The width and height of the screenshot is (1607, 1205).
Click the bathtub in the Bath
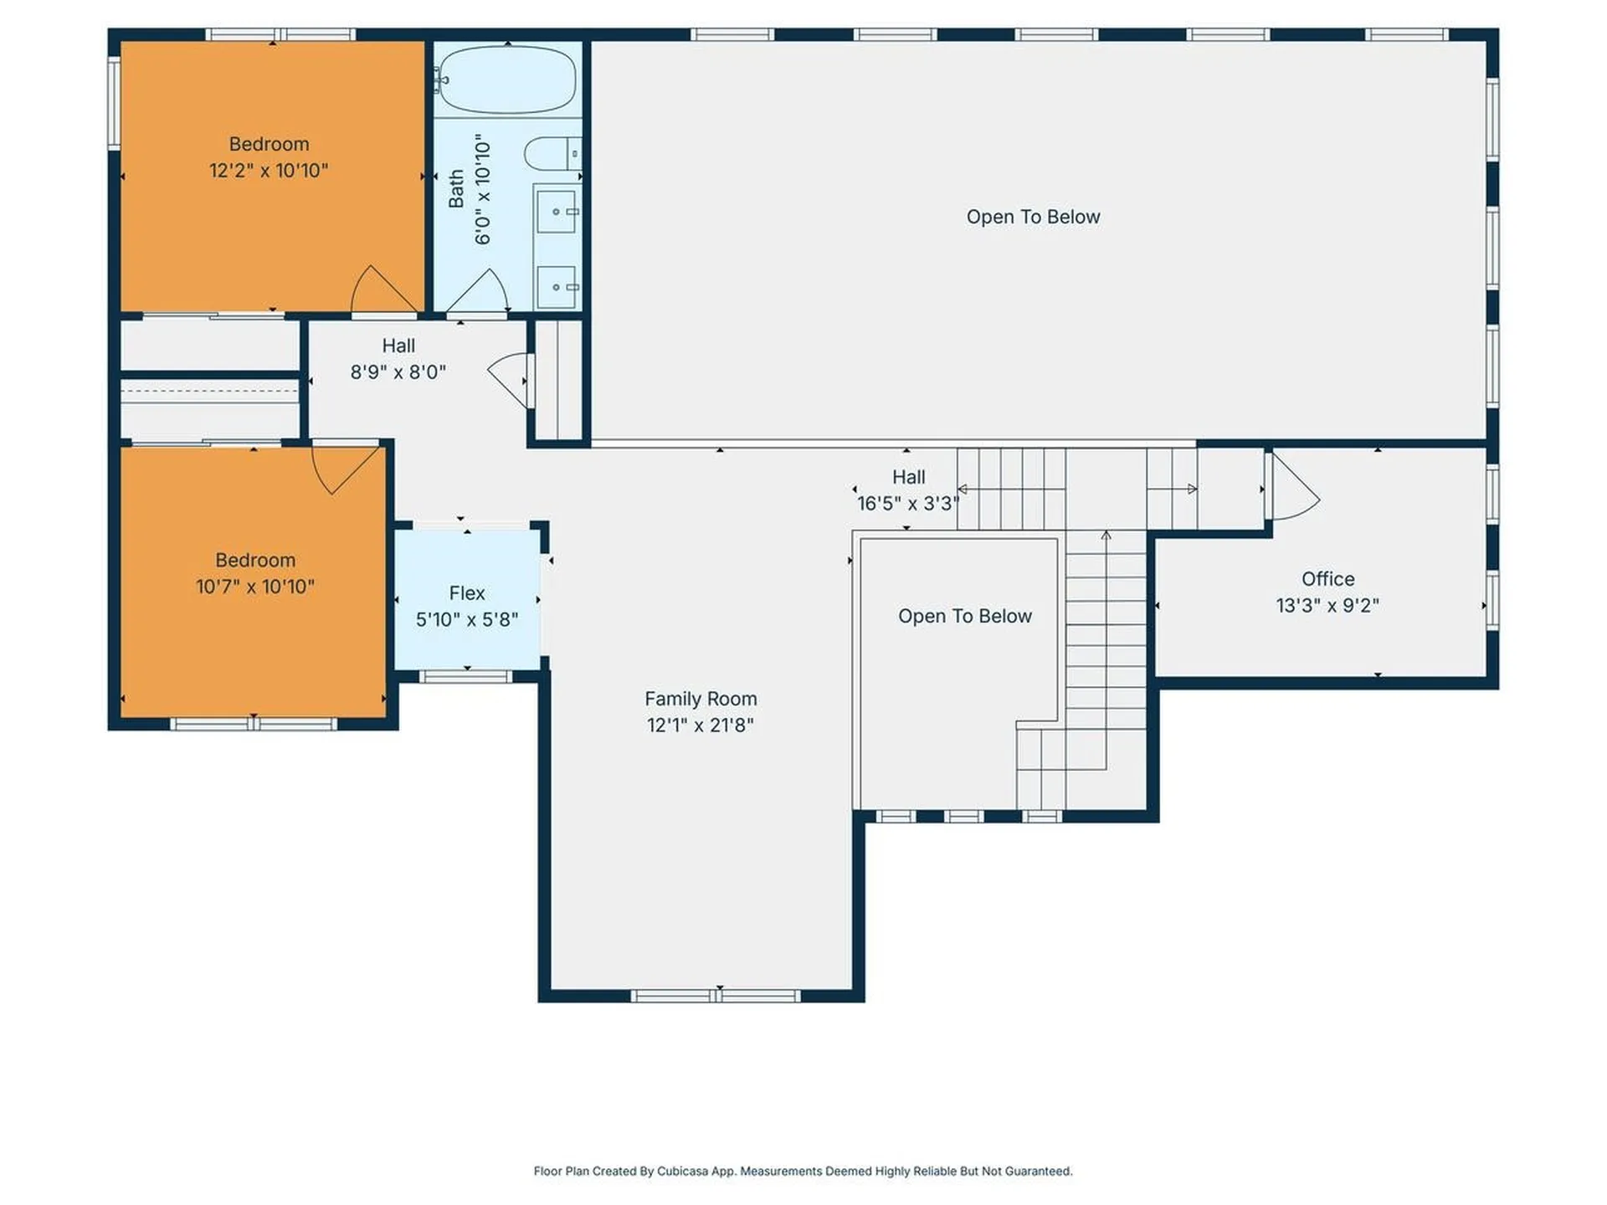tap(507, 79)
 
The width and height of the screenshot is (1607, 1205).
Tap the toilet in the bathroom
tap(551, 154)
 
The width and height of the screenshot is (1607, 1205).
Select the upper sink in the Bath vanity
tap(556, 212)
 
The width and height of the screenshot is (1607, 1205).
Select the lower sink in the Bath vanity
tap(556, 287)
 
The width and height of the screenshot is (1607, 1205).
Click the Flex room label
tap(466, 592)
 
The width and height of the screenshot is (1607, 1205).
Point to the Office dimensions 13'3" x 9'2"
tap(1327, 605)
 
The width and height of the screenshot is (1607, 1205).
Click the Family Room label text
tap(700, 699)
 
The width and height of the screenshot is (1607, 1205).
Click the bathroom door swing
tap(479, 292)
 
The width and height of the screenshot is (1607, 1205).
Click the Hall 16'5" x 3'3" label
tap(908, 490)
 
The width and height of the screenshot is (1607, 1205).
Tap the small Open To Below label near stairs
tap(964, 616)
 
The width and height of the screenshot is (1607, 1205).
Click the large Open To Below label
tap(1032, 217)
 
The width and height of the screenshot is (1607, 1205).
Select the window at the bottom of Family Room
tap(716, 996)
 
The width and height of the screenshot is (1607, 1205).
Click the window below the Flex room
tap(465, 676)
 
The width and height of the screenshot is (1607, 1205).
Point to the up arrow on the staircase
tap(1106, 536)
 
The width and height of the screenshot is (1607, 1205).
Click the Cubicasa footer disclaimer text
tap(803, 1171)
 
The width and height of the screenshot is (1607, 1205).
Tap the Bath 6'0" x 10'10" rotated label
tap(470, 191)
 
